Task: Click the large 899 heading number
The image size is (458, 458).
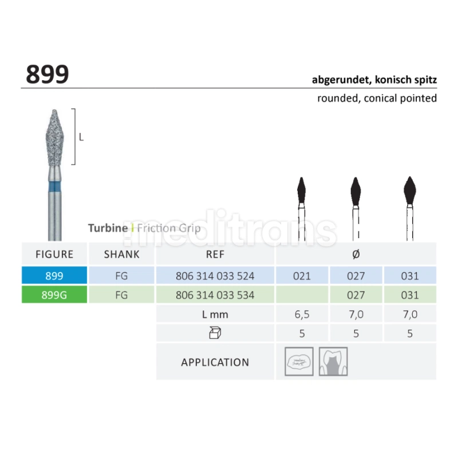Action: [48, 74]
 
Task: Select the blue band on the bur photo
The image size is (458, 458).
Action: [54, 187]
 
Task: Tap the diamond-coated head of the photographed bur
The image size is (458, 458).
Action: [54, 137]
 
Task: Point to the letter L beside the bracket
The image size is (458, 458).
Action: [81, 137]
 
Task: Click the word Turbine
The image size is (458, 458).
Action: [108, 228]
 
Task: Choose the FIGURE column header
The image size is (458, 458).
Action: [54, 254]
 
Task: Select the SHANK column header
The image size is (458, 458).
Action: [121, 254]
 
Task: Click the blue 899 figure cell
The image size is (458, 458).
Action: [54, 275]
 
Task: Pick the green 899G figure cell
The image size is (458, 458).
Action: [54, 295]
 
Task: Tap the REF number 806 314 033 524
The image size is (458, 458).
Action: [215, 276]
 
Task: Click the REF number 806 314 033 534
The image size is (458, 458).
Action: [215, 295]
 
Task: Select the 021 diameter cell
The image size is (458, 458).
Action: [302, 276]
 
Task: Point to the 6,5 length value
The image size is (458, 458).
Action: [302, 314]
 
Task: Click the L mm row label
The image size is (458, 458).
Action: [215, 314]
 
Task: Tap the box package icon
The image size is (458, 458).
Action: [215, 333]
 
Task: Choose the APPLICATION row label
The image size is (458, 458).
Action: [215, 362]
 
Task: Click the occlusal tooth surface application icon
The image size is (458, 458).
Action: [299, 361]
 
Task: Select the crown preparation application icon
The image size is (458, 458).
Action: [333, 361]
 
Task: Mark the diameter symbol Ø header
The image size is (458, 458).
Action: [356, 254]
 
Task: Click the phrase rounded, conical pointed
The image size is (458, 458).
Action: [377, 98]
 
